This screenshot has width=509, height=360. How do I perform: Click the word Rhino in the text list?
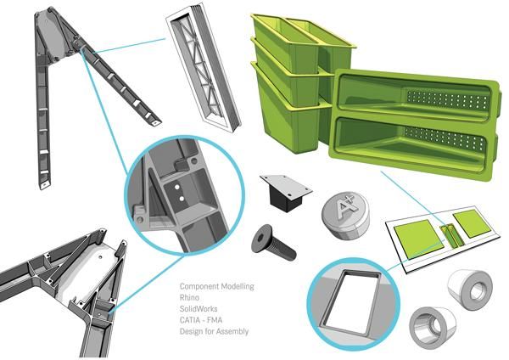(x=189, y=298)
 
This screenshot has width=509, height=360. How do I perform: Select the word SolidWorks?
(x=199, y=309)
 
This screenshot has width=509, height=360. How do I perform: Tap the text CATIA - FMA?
(x=201, y=320)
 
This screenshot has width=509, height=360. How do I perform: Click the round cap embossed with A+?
(x=346, y=215)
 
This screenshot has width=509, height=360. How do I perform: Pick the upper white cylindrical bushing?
(x=470, y=290)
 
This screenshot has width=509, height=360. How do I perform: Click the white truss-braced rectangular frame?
(x=204, y=67)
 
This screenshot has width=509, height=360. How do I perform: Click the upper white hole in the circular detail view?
(x=177, y=187)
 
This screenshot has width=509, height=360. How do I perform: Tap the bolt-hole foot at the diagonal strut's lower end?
(x=154, y=122)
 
